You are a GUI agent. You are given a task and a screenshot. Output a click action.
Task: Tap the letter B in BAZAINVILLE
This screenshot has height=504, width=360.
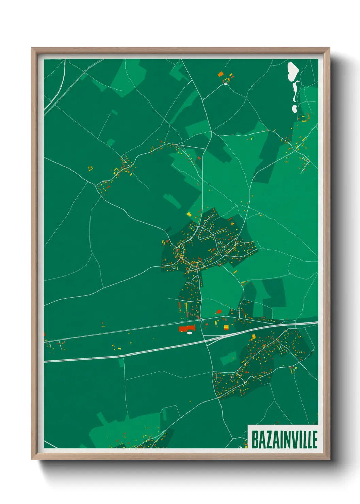[x=255, y=440]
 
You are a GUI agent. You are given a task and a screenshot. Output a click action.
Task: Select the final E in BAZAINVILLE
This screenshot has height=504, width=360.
[x=314, y=440]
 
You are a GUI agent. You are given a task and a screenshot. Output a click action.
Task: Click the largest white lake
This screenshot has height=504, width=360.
[x=293, y=72]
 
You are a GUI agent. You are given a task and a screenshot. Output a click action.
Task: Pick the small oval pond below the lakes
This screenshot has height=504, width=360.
[x=294, y=109]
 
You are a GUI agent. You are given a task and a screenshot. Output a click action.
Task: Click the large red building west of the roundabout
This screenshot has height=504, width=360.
[x=186, y=328]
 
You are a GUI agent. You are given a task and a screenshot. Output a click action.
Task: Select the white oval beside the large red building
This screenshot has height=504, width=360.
[x=190, y=333]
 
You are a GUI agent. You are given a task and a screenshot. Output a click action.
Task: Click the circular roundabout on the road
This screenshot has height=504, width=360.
[x=201, y=320]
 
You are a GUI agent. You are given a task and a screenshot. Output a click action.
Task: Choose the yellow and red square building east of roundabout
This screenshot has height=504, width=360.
[x=226, y=327]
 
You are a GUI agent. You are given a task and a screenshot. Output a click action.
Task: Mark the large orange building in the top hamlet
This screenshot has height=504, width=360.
[x=220, y=74]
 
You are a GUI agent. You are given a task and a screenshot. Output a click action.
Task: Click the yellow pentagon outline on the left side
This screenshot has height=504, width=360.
[x=91, y=168]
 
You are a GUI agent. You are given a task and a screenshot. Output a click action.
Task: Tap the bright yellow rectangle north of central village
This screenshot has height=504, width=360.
[x=189, y=214]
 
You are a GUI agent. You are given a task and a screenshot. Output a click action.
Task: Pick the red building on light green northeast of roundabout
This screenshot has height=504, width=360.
[x=219, y=311]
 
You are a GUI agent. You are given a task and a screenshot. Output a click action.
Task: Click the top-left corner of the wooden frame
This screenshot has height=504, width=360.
[x=32, y=48]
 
